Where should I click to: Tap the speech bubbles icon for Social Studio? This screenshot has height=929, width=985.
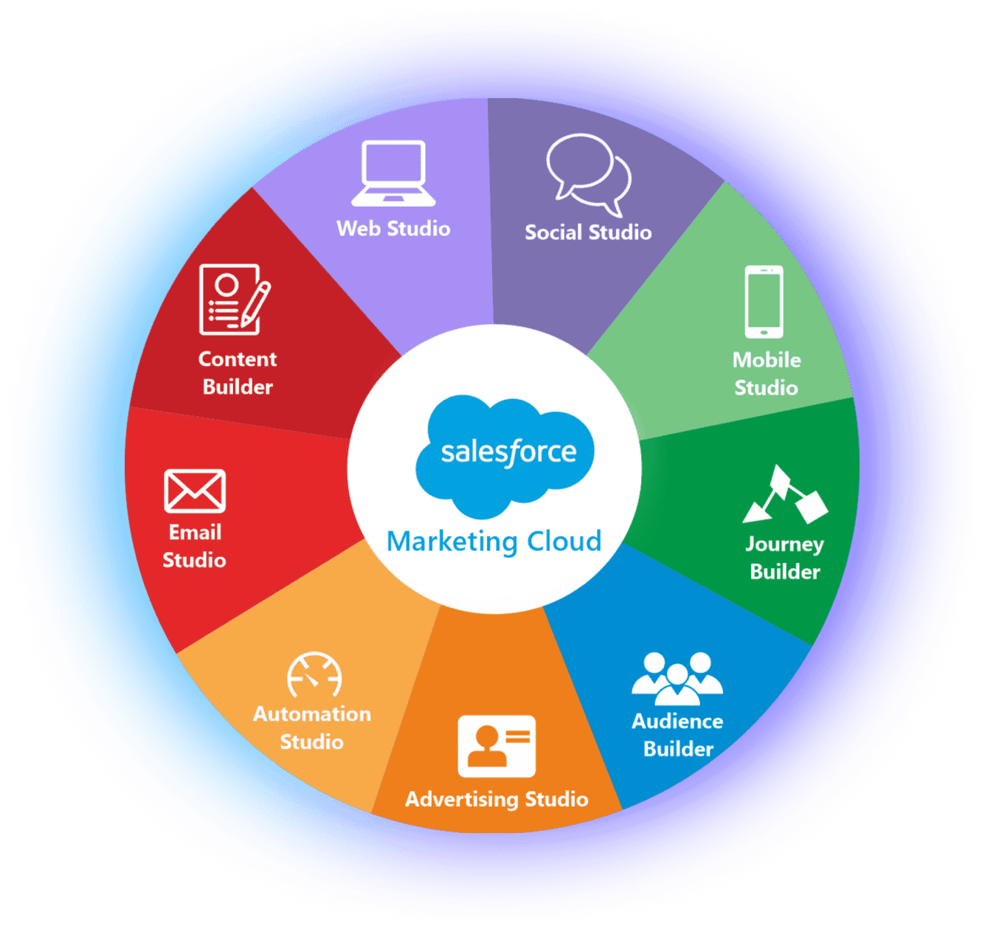coord(588,174)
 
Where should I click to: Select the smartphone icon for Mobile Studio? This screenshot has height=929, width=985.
coord(764,302)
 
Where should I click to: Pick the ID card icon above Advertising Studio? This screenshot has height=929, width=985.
coord(497,746)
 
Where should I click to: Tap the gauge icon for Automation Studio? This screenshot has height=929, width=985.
coord(314,674)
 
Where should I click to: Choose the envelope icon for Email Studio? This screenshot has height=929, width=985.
coord(195,491)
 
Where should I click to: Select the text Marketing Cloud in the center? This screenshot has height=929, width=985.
coord(494,542)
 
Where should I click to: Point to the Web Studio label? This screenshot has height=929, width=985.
coord(393,229)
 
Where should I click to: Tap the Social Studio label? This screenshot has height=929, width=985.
coord(588,232)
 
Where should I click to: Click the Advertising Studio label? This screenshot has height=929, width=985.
coord(497,799)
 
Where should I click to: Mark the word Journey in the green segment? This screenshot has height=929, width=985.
coord(784,545)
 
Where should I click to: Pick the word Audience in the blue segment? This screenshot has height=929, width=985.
coord(677,721)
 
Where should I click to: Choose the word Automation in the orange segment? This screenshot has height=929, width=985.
coord(312,714)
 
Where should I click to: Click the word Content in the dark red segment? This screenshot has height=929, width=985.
coord(238,359)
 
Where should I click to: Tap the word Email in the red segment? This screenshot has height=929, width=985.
coord(195,532)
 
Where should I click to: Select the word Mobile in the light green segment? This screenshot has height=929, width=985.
coord(767,360)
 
